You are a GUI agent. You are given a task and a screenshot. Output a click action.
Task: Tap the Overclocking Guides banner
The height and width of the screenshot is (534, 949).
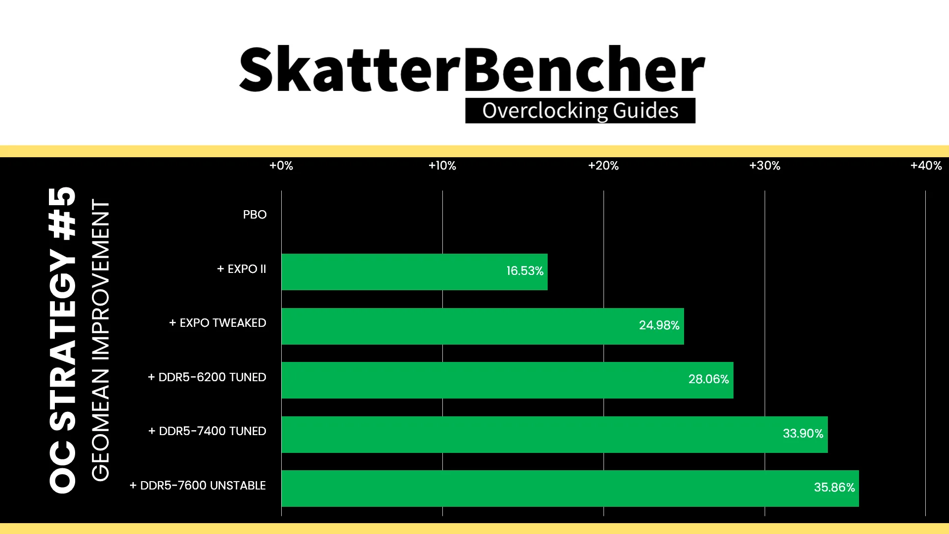coord(580,110)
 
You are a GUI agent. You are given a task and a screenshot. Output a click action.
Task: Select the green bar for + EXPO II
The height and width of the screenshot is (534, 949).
coord(414,272)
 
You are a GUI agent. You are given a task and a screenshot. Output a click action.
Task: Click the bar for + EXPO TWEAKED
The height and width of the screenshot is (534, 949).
coord(482,326)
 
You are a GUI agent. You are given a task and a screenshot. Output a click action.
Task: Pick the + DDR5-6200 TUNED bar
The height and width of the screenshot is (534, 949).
coord(507,380)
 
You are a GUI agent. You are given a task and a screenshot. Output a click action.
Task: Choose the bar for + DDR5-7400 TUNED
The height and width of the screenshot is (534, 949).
coord(555,435)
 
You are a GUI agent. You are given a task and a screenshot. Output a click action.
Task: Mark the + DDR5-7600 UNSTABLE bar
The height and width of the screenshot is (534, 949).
coord(570,489)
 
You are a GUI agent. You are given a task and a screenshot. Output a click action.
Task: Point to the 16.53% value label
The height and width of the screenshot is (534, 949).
coord(524,271)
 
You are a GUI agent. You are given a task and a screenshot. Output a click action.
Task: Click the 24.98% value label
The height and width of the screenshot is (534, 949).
coord(659,325)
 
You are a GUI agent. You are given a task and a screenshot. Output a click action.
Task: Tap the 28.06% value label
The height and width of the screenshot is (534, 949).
coord(708,379)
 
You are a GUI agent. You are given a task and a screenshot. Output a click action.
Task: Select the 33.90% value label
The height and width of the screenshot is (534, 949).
coord(803,434)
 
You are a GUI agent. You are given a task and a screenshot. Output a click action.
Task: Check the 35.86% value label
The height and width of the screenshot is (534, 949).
coord(834,488)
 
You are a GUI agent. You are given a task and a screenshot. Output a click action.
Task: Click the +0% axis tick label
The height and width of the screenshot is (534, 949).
coord(281,166)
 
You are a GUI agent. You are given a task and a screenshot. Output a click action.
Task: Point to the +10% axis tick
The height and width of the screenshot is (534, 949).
coord(442,166)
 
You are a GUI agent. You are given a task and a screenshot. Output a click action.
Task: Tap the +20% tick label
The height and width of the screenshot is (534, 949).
coord(604,166)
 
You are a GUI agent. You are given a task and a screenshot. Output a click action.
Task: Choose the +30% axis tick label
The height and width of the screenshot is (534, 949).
coord(765,166)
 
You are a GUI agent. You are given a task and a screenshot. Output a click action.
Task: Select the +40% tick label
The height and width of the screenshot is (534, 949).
coord(926,166)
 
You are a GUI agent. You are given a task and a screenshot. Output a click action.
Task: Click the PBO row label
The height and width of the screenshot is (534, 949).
coord(255,215)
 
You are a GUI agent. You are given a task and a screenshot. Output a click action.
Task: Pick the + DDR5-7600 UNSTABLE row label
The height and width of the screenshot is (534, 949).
coord(198,486)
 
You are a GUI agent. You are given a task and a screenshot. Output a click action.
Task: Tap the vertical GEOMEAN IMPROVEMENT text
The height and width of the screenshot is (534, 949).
coord(100,340)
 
